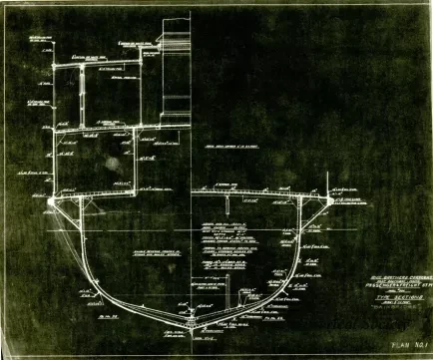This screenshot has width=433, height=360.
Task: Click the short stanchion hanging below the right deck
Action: point(228,204)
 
